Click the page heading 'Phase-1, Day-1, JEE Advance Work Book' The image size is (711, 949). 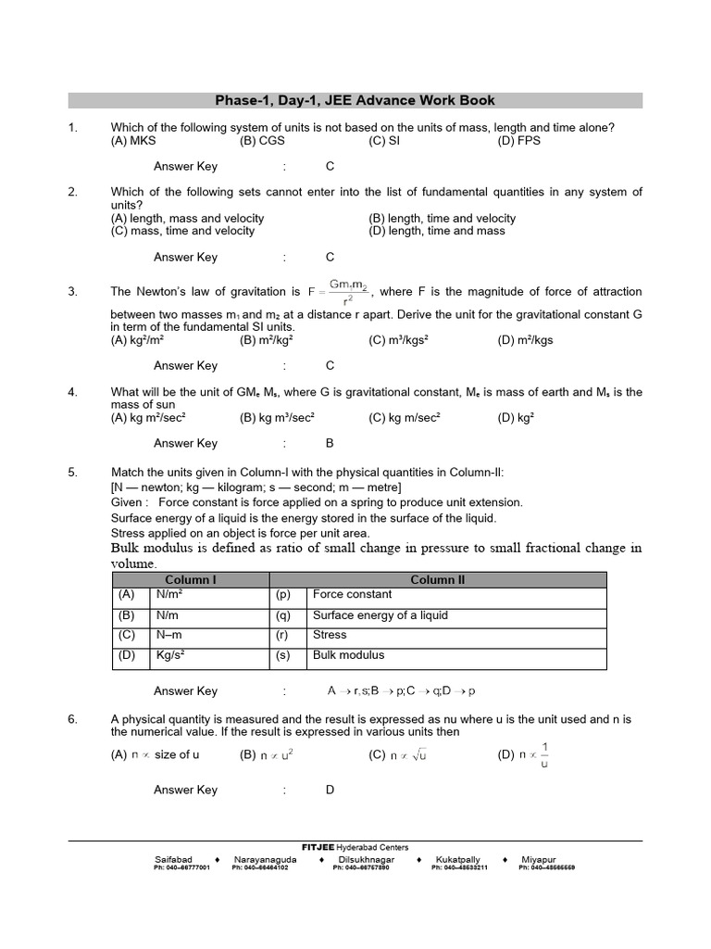point(355,100)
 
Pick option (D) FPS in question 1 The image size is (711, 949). point(518,141)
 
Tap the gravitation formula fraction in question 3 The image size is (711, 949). point(347,294)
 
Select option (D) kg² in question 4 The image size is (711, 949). point(516,418)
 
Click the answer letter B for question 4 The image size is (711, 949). point(330,443)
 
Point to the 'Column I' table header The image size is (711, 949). point(191,580)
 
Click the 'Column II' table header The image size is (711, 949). point(438,580)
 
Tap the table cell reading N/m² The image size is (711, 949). point(168,595)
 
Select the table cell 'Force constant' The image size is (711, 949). point(352,595)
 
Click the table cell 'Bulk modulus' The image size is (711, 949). point(348,655)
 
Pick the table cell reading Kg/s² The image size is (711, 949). point(170,655)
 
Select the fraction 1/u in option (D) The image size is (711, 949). point(543,754)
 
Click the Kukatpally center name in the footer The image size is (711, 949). point(458,859)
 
